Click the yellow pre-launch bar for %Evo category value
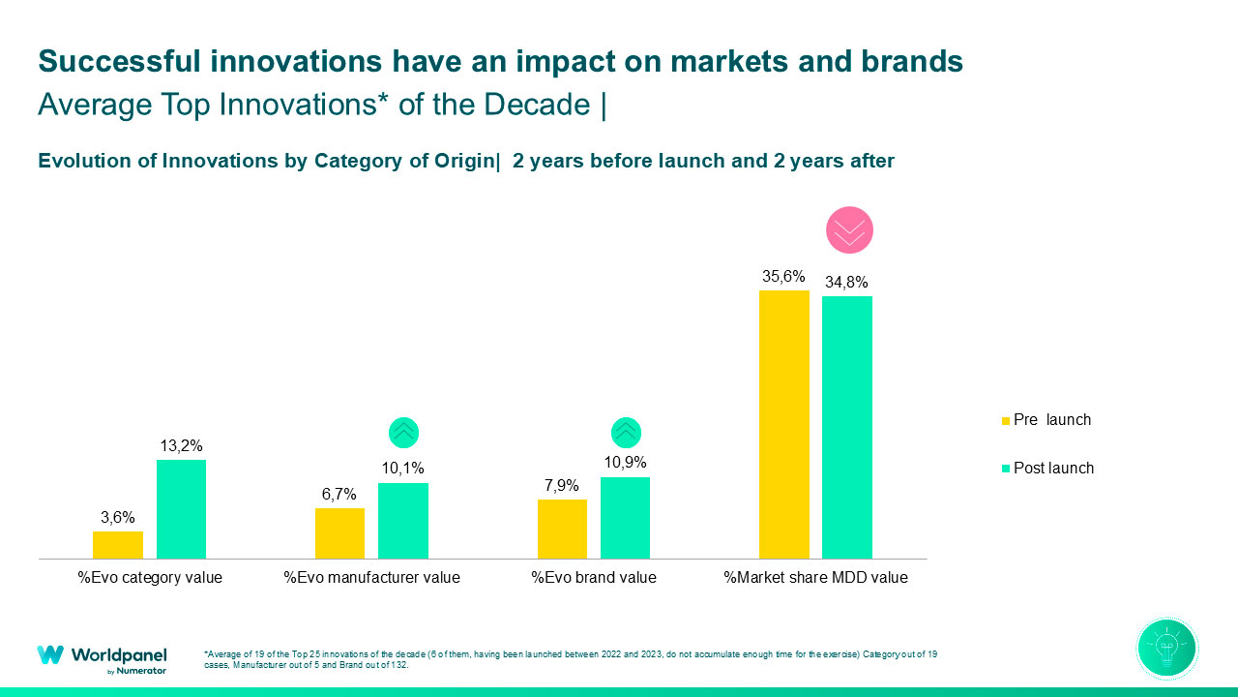click(118, 545)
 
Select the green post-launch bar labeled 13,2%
click(181, 509)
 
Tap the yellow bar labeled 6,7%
click(339, 533)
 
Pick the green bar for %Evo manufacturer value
click(402, 521)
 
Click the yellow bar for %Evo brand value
click(562, 529)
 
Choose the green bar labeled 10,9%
click(625, 518)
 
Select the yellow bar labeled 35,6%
click(783, 424)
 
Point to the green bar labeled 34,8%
click(846, 427)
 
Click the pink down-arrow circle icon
click(849, 230)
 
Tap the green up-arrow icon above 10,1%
click(403, 432)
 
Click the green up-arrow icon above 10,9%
click(626, 432)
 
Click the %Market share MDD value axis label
click(815, 578)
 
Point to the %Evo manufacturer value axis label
click(371, 578)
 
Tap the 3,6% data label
click(117, 518)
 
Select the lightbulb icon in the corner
click(1167, 648)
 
